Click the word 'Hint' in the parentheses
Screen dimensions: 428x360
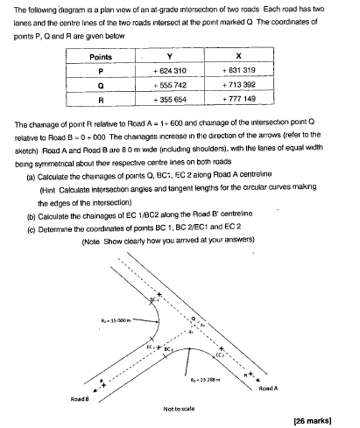52,188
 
